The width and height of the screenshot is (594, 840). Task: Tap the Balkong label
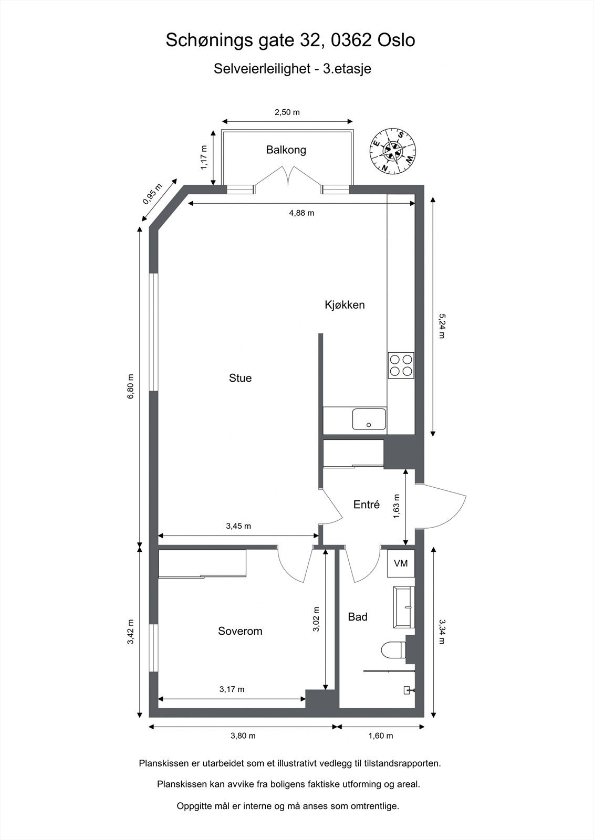286,150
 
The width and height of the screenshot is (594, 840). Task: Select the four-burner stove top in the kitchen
401,365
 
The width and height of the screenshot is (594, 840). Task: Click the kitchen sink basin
369,419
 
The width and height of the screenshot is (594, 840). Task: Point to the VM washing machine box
401,563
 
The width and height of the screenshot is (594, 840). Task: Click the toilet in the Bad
393,650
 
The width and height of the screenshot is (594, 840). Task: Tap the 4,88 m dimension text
301,213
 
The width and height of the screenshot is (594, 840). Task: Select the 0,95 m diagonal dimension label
152,194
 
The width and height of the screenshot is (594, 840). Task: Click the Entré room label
366,505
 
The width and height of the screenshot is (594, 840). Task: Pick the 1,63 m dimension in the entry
397,506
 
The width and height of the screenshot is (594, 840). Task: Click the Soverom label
240,632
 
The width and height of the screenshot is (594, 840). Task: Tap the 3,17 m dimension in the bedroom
232,689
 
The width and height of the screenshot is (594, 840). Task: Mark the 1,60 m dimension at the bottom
380,736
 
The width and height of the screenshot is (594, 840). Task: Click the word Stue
240,379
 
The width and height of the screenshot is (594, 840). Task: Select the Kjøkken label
345,305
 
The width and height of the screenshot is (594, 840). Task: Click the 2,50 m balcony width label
287,112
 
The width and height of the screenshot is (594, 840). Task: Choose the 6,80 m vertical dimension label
131,386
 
